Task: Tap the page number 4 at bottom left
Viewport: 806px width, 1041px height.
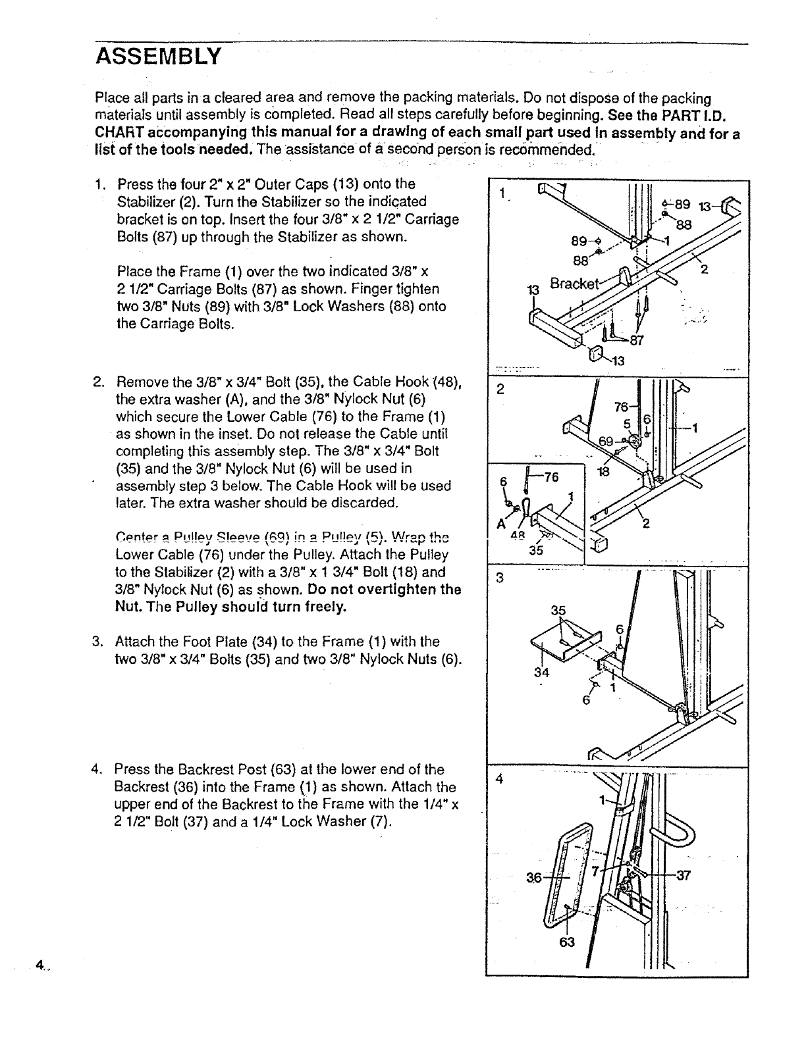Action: tap(40, 965)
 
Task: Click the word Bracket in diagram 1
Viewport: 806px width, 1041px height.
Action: tap(574, 284)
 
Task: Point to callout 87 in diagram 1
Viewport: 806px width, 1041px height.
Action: tap(636, 340)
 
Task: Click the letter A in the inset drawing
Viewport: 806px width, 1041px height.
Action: tap(501, 524)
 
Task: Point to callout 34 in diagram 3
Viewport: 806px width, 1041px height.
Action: tap(541, 673)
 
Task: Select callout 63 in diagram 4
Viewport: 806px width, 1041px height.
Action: tap(567, 942)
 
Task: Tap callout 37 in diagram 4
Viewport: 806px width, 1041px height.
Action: tap(682, 876)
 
